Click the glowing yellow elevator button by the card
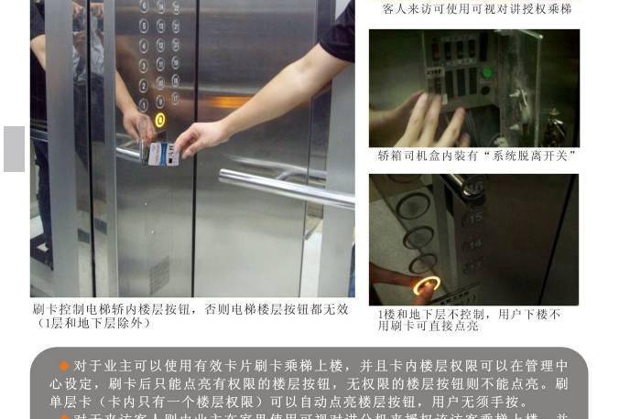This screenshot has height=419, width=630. pos(160,119)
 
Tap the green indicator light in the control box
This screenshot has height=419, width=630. pos(486,72)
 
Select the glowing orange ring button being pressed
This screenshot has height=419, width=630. pos(426,286)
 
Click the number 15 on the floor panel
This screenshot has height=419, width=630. pos(475,218)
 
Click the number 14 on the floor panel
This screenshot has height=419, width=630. pos(475,243)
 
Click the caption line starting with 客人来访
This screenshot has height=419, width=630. pos(476,9)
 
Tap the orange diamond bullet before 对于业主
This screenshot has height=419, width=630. pos(64,366)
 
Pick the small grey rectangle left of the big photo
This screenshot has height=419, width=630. pos(14,149)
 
